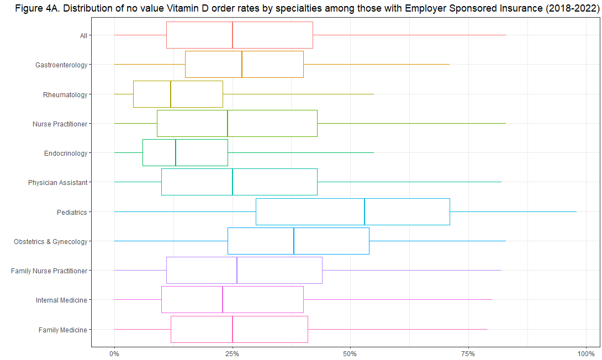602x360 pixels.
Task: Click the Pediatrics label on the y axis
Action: (72, 212)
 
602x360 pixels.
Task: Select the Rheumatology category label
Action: (65, 94)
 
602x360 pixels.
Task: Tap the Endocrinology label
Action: (66, 153)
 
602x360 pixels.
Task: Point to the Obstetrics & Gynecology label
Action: (51, 242)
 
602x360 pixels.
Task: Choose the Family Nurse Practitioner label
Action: (49, 271)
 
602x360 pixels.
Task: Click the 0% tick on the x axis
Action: (114, 352)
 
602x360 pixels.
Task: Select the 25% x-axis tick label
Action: (233, 352)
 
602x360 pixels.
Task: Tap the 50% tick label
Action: (350, 352)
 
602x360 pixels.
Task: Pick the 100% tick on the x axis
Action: (585, 352)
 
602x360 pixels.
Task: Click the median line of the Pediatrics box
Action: (365, 211)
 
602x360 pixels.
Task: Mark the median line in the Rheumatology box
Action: (171, 94)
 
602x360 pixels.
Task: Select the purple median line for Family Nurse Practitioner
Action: (237, 270)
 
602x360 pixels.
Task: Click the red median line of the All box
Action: (233, 35)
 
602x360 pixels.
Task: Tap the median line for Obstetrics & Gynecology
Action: (294, 241)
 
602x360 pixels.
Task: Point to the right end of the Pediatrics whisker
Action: (576, 211)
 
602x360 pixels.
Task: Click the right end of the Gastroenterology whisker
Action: (449, 65)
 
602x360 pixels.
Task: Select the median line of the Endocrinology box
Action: (176, 153)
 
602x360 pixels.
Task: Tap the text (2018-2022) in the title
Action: (572, 9)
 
